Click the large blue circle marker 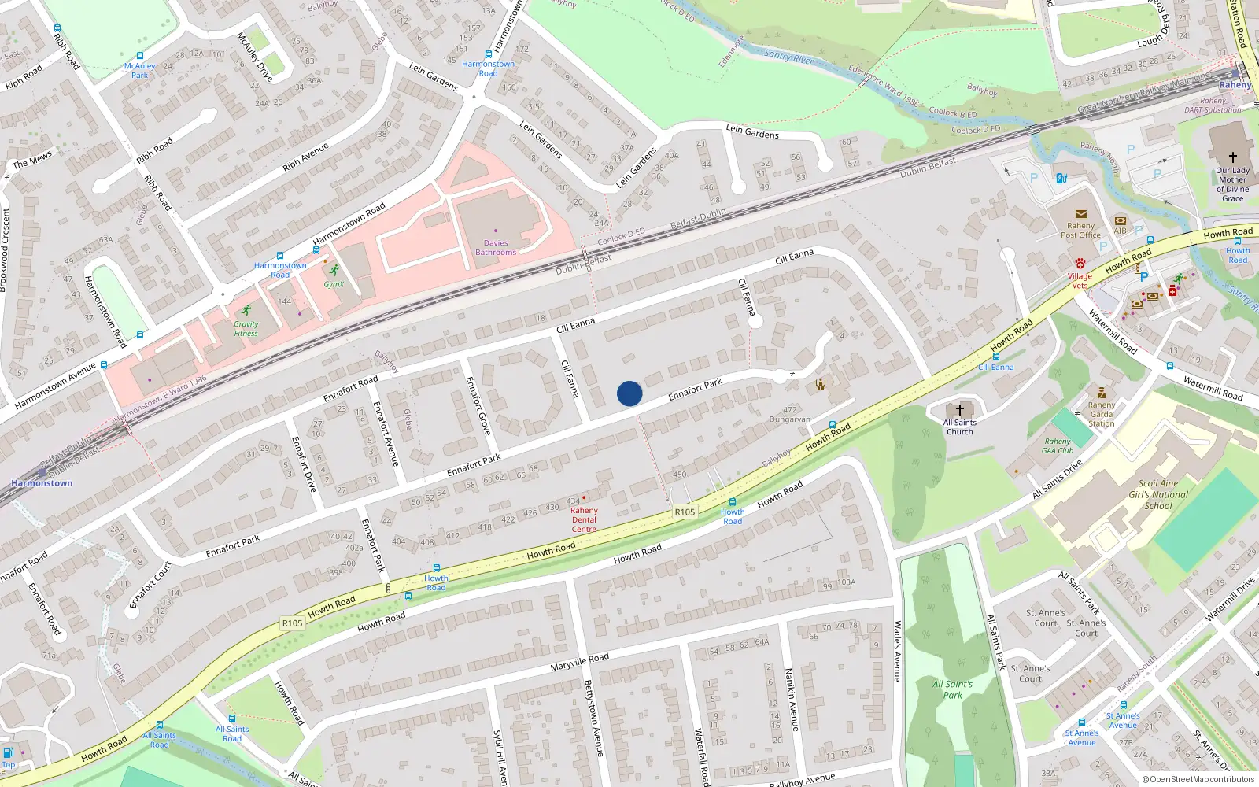pyautogui.click(x=629, y=393)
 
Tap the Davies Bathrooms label pyautogui.click(x=496, y=248)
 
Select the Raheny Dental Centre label pyautogui.click(x=584, y=519)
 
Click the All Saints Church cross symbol pyautogui.click(x=960, y=410)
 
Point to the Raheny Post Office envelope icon pyautogui.click(x=1080, y=214)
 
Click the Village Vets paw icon pyautogui.click(x=1080, y=264)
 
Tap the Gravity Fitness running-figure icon pyautogui.click(x=246, y=311)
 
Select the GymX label pyautogui.click(x=334, y=284)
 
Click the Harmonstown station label pyautogui.click(x=42, y=483)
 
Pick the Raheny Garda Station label pyautogui.click(x=1102, y=414)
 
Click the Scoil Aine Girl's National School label pyautogui.click(x=1158, y=495)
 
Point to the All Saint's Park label pyautogui.click(x=953, y=689)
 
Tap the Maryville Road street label pyautogui.click(x=579, y=662)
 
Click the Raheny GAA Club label pyautogui.click(x=1058, y=446)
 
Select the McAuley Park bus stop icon pyautogui.click(x=140, y=57)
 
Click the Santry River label pyautogui.click(x=788, y=56)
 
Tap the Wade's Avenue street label pyautogui.click(x=897, y=651)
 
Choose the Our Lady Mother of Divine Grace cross pyautogui.click(x=1233, y=157)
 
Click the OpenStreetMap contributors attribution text pyautogui.click(x=1198, y=780)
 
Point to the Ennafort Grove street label pyautogui.click(x=478, y=405)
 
